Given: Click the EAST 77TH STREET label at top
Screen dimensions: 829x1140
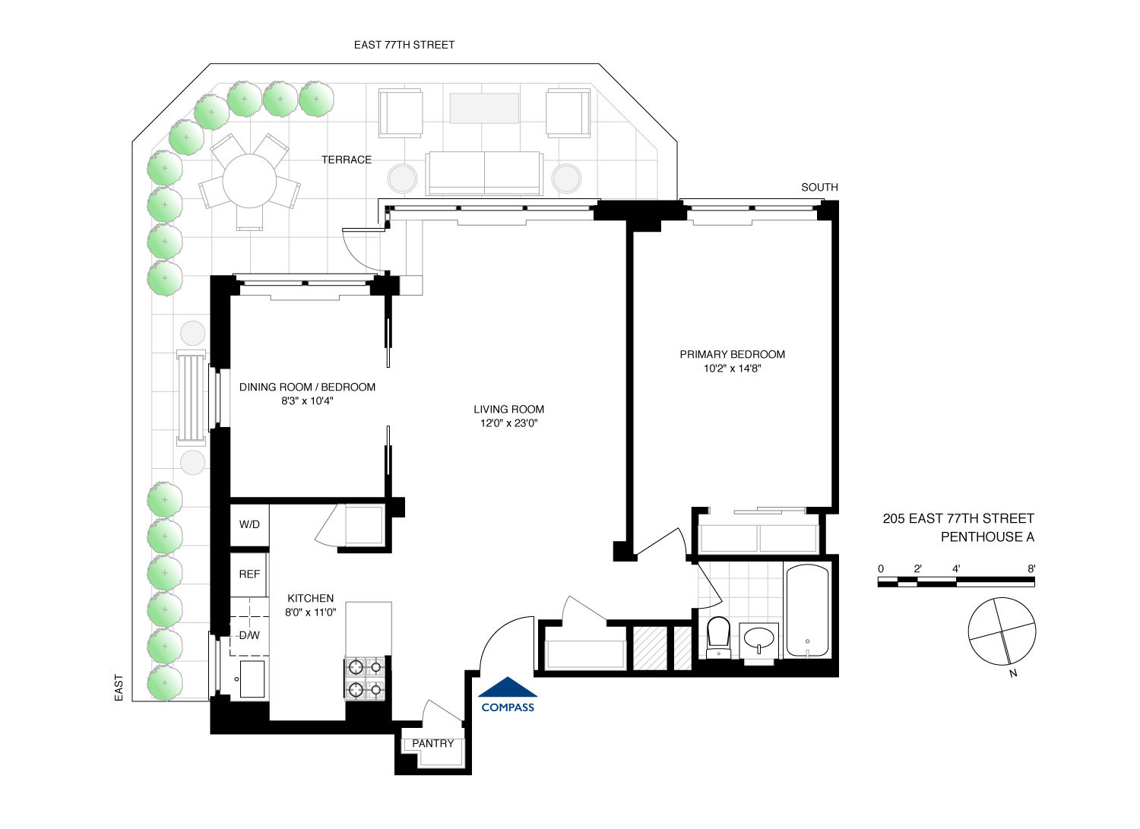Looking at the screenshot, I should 404,45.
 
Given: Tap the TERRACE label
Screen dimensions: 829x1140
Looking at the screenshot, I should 346,160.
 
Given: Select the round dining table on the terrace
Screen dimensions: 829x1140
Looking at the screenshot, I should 249,182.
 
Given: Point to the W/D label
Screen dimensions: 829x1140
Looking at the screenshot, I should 249,524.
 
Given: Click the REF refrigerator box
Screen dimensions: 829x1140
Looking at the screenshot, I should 249,574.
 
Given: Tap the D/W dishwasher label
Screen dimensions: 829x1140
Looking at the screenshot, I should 249,635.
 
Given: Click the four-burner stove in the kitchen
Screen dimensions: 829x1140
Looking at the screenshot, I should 366,679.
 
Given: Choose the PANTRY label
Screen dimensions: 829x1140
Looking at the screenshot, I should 432,743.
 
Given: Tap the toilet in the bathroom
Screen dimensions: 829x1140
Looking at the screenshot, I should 717,637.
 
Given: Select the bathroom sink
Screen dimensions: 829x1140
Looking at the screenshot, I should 759,638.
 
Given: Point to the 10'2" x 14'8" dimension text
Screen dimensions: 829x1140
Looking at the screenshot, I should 731,369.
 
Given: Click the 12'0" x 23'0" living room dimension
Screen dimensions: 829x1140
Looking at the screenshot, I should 508,423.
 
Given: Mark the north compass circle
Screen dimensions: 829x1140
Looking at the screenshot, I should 1002,631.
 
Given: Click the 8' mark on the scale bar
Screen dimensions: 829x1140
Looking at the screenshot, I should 1031,568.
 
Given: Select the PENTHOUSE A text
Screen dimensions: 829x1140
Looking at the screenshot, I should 986,537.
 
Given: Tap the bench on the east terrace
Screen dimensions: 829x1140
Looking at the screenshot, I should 191,397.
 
